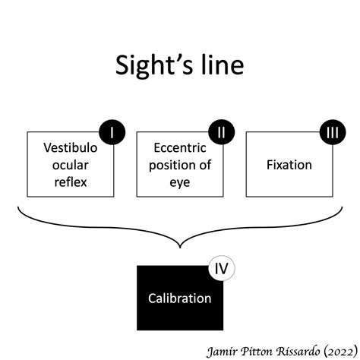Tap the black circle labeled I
click(x=112, y=133)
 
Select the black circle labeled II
click(x=221, y=133)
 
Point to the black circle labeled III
click(x=331, y=133)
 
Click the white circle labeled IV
click(x=221, y=268)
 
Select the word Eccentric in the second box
click(x=179, y=149)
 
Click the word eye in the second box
click(x=180, y=182)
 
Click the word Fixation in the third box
click(x=289, y=164)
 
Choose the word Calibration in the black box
click(x=180, y=298)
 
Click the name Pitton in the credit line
click(x=252, y=349)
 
